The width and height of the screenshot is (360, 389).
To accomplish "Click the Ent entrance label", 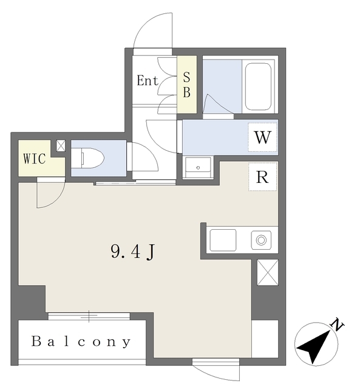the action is tap(148, 80).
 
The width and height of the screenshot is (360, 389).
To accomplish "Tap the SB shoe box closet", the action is tap(187, 84).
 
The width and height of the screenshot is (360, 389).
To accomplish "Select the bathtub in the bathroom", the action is tap(258, 86).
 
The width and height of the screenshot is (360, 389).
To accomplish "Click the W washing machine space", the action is tap(263, 137).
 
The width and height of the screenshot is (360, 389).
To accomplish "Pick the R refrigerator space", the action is tap(263, 177).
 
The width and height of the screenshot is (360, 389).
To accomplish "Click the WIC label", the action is tap(35, 159).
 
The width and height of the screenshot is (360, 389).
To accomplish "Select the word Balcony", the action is tap(81, 342).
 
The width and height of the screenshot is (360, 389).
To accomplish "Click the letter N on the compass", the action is tap(337, 324).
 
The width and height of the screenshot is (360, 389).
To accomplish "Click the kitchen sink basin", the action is tap(223, 240).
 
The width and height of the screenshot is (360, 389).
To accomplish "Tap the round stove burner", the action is tap(261, 240).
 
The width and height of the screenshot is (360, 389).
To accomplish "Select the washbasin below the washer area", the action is tap(198, 168).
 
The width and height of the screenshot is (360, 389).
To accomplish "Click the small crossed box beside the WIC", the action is tap(61, 146).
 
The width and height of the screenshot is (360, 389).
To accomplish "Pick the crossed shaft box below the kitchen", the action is tap(268, 272).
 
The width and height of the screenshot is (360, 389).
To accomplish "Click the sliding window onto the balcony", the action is tap(89, 316).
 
